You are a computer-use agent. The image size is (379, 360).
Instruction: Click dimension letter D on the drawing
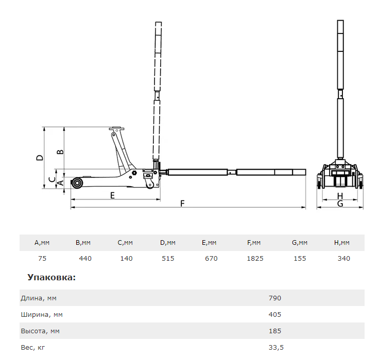tap(40, 158)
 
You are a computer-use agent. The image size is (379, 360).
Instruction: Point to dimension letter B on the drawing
tap(60, 152)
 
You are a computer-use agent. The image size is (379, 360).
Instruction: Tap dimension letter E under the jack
tap(112, 195)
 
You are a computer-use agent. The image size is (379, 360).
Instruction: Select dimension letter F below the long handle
tap(182, 203)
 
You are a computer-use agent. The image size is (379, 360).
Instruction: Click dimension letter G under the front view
tap(340, 204)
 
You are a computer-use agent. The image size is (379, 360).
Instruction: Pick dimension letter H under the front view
tap(340, 196)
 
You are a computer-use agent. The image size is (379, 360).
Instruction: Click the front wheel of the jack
tap(78, 183)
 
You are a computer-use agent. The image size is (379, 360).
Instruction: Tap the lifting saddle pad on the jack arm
tap(117, 129)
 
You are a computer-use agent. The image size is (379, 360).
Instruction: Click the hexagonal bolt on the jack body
tap(134, 173)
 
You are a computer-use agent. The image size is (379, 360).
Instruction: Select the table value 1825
tap(255, 259)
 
